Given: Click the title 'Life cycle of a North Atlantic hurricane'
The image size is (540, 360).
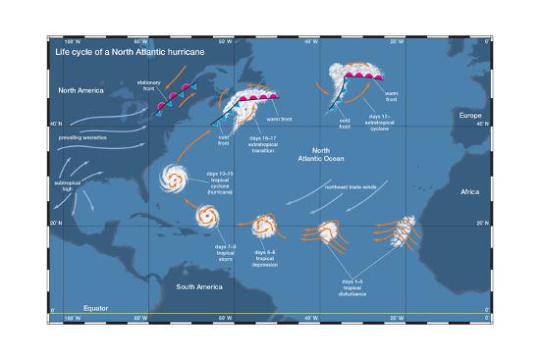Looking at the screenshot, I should tap(123, 50).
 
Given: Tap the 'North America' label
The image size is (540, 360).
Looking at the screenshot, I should tap(81, 90).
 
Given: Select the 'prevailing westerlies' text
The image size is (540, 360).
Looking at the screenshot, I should tap(82, 137).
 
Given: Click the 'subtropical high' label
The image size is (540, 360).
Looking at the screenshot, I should tap(70, 185).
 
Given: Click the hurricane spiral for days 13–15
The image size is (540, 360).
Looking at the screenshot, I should tap(178, 180).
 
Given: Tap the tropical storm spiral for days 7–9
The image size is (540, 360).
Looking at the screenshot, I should tap(206, 215).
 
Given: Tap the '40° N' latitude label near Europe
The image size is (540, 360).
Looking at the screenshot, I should tap(478, 125).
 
